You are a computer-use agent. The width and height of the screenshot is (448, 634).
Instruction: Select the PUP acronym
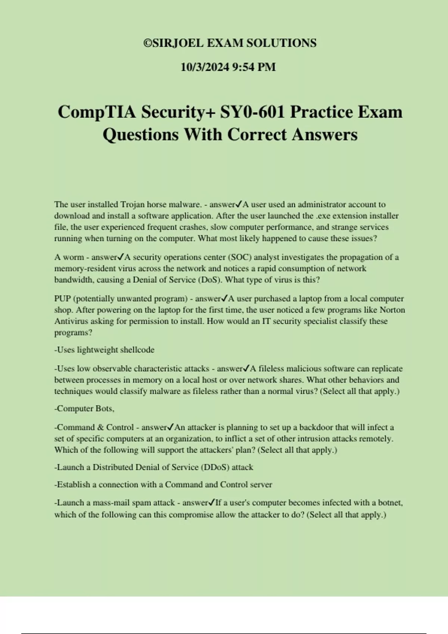pyautogui.click(x=62, y=299)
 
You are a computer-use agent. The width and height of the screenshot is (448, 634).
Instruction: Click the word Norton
pyautogui.click(x=392, y=310)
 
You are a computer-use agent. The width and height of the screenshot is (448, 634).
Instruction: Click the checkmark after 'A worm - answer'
pyautogui.click(x=121, y=257)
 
